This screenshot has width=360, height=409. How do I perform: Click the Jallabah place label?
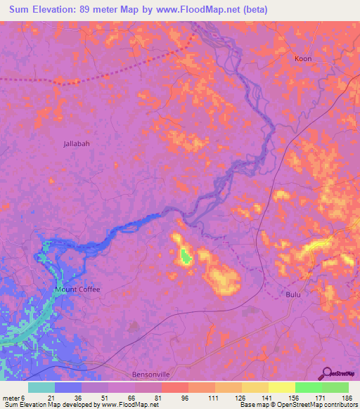point(77,143)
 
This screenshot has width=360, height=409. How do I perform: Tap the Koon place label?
point(303,60)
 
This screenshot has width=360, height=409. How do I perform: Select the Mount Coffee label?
point(77,290)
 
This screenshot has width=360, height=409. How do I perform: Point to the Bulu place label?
point(293,294)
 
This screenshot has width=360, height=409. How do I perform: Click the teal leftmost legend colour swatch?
point(41,387)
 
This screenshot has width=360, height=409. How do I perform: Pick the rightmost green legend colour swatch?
point(335,387)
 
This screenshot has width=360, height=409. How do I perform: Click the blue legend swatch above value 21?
point(68,387)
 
